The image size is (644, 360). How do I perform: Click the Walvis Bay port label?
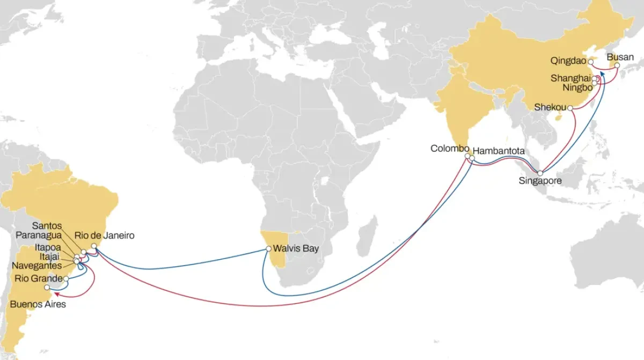pyautogui.click(x=296, y=249)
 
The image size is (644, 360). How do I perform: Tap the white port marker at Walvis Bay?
pyautogui.click(x=268, y=249)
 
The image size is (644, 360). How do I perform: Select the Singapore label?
pyautogui.click(x=540, y=181)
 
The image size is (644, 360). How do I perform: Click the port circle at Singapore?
pyautogui.click(x=540, y=173)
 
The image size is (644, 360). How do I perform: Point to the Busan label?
pyautogui.click(x=620, y=57)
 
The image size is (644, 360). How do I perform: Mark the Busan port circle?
pyautogui.click(x=617, y=66)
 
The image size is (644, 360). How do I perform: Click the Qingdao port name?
pyautogui.click(x=568, y=61)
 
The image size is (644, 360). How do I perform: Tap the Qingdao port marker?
pyautogui.click(x=591, y=62)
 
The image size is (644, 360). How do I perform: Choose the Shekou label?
pyautogui.click(x=550, y=107)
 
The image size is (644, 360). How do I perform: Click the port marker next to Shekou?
pyautogui.click(x=569, y=108)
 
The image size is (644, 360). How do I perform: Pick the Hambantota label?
pyautogui.click(x=499, y=152)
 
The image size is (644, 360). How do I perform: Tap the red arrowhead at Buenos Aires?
pyautogui.click(x=56, y=293)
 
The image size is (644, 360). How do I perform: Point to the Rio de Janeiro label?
pyautogui.click(x=105, y=236)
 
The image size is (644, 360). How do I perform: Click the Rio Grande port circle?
pyautogui.click(x=65, y=279)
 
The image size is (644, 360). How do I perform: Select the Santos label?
pyautogui.click(x=47, y=225)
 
